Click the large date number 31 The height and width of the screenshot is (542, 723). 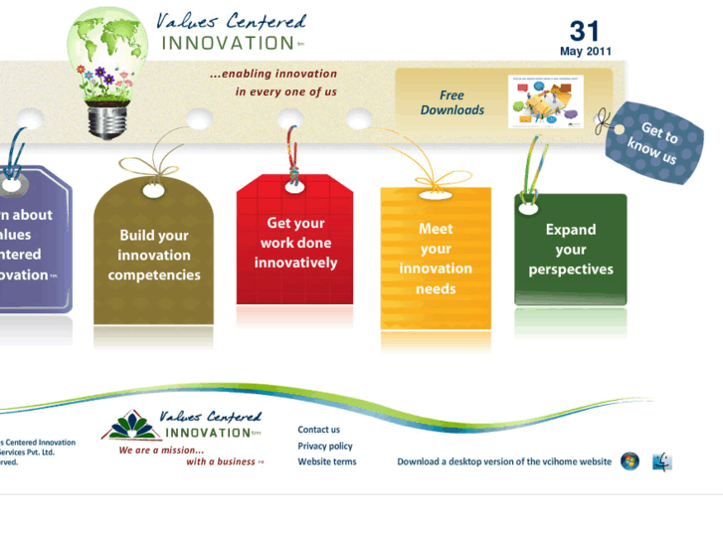click(x=585, y=31)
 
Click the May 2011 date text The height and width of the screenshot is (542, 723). click(x=586, y=52)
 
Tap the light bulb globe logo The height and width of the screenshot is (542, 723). click(x=106, y=70)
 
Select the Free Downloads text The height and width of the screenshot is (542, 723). click(x=452, y=102)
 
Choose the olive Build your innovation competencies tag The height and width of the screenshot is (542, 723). click(x=154, y=255)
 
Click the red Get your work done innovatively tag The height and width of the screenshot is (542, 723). click(x=294, y=244)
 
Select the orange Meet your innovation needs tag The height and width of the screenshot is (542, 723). click(x=436, y=259)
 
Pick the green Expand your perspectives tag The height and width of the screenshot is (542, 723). click(x=570, y=250)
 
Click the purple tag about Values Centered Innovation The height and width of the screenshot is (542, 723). click(x=30, y=244)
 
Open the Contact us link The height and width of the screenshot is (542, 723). click(x=318, y=430)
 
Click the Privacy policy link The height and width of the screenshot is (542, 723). click(x=325, y=446)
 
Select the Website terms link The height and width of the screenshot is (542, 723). click(x=327, y=461)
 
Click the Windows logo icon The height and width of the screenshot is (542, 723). click(x=630, y=461)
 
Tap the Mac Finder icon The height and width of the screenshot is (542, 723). click(x=662, y=461)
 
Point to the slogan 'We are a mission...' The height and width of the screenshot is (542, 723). click(x=161, y=450)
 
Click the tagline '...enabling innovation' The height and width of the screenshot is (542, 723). click(x=273, y=74)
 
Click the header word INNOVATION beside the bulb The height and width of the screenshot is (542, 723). click(x=226, y=43)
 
